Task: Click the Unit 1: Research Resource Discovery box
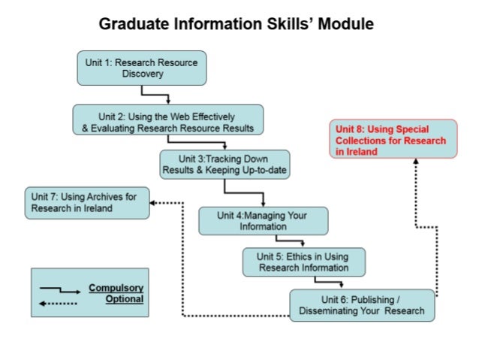tap(142, 68)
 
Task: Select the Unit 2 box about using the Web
tap(167, 122)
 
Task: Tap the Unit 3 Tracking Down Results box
tap(224, 165)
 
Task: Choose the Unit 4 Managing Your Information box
tap(263, 220)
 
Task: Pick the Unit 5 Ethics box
tap(305, 262)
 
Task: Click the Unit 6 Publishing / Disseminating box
tap(362, 305)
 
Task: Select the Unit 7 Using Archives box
tap(87, 202)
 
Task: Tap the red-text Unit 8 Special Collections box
tap(393, 140)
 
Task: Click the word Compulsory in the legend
tap(116, 287)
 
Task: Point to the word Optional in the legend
tap(124, 298)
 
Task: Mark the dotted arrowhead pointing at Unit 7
tap(154, 202)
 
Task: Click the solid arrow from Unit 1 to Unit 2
tap(157, 95)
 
